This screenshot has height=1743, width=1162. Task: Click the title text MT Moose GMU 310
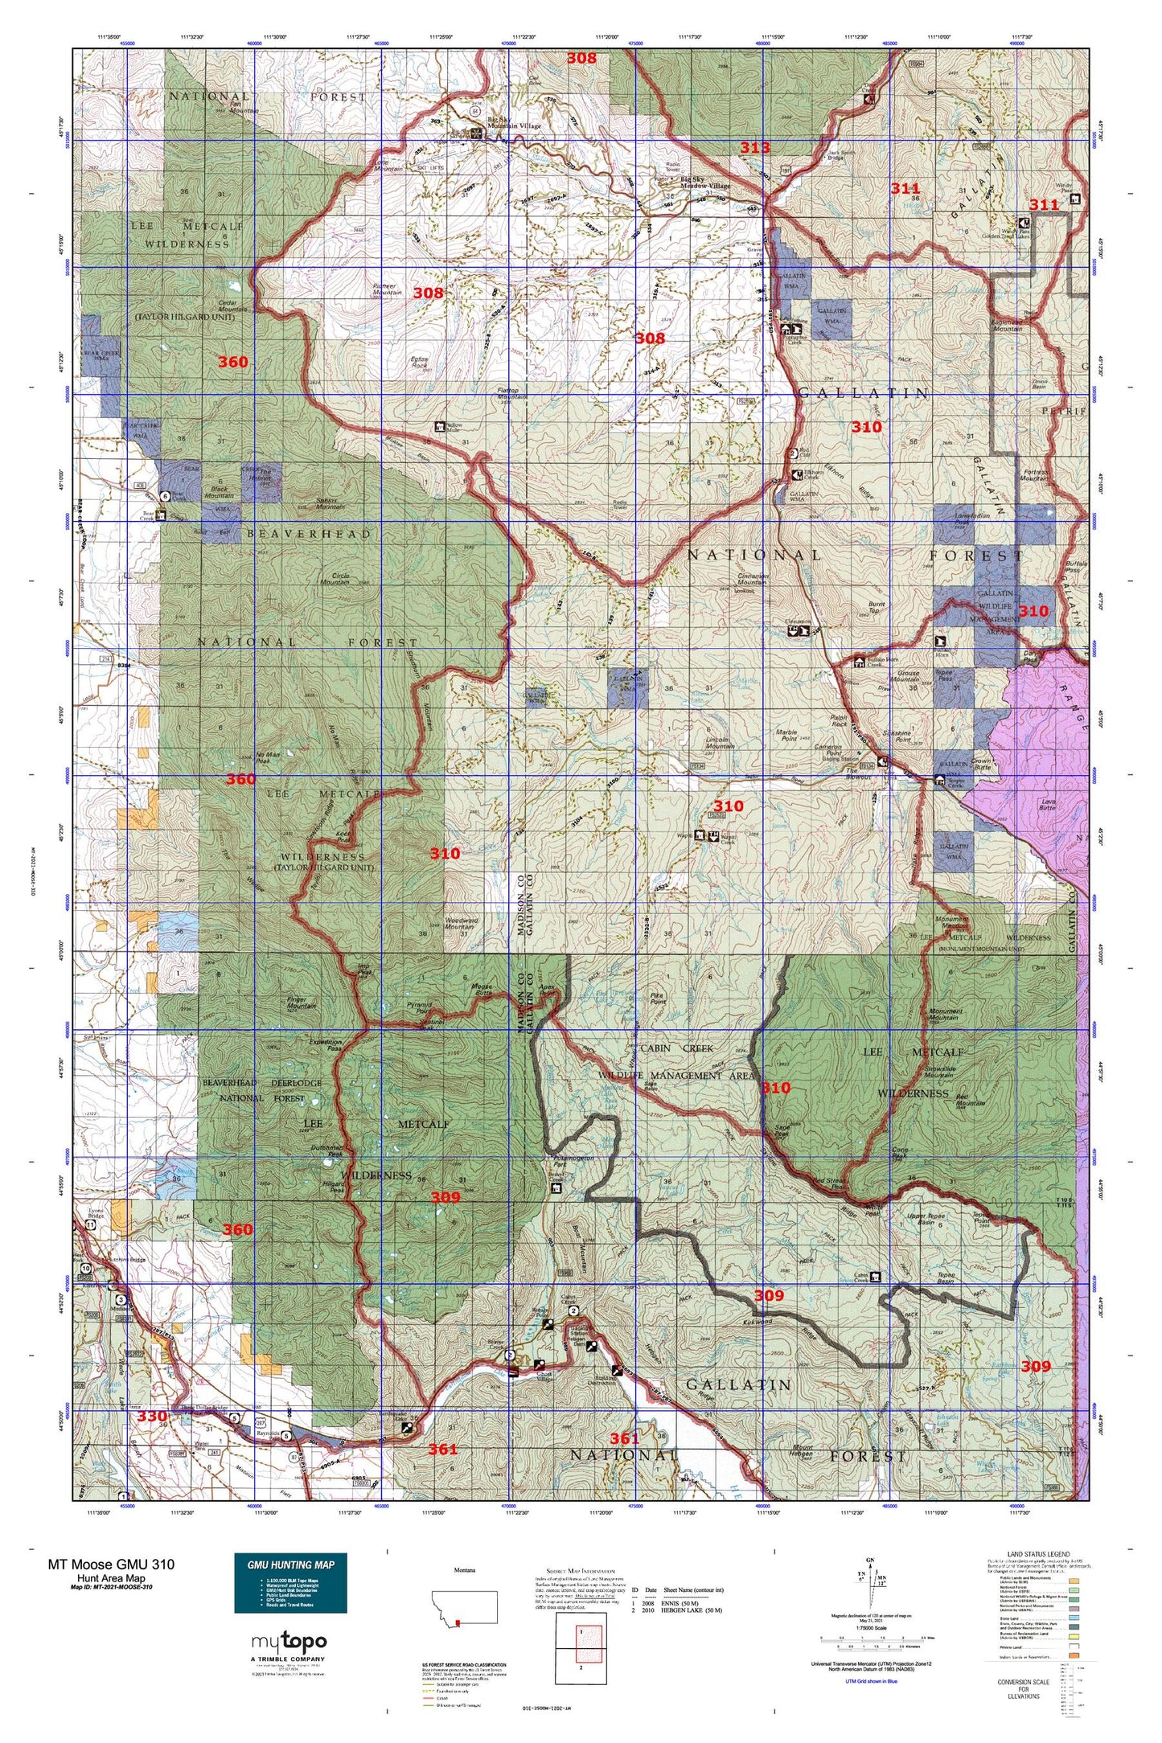111,1564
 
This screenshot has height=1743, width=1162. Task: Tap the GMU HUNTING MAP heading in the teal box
290,1565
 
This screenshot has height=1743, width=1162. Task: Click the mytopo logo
289,1642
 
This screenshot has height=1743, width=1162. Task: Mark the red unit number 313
754,147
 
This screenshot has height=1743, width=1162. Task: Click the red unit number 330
151,1416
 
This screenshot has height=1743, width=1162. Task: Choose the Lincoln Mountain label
720,742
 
